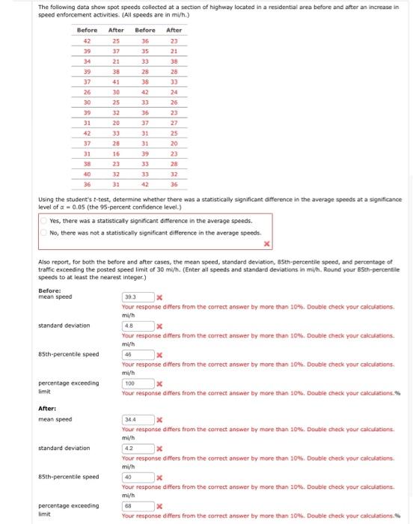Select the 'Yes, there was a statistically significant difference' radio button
click(44, 220)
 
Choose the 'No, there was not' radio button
click(44, 232)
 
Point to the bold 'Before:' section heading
click(49, 290)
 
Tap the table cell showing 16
click(116, 153)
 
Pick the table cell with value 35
click(145, 52)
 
